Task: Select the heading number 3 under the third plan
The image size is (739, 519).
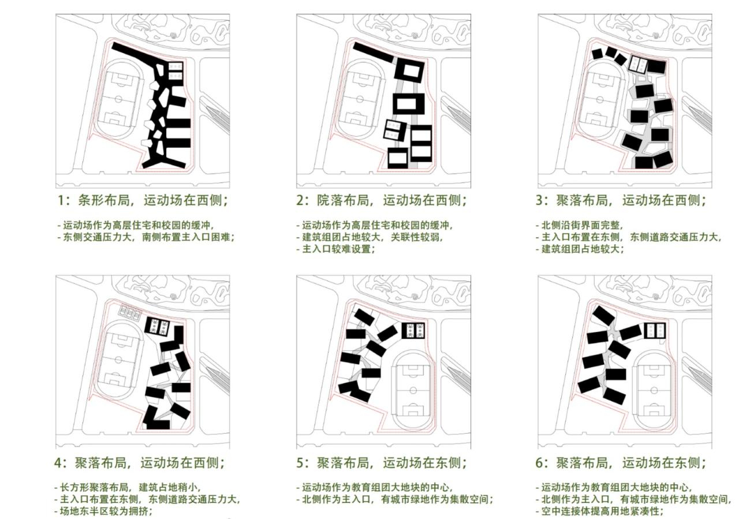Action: (x=543, y=201)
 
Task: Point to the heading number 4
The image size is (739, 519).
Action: (x=62, y=462)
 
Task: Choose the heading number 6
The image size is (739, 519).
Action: (x=543, y=462)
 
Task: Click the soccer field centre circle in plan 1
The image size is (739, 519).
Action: (x=118, y=99)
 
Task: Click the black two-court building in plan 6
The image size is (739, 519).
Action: (x=655, y=330)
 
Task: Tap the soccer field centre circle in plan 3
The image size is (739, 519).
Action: (x=600, y=99)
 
